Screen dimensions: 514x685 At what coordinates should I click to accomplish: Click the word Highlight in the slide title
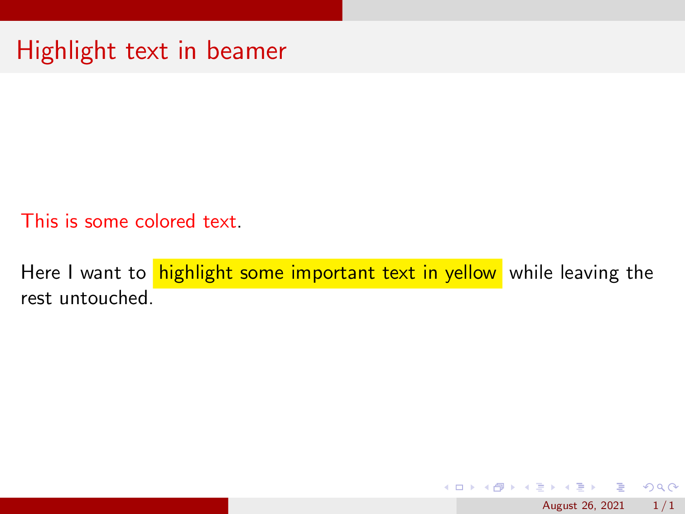coord(66,51)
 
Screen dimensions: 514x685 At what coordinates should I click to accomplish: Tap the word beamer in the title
coord(246,51)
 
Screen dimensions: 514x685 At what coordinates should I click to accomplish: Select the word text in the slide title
coord(147,51)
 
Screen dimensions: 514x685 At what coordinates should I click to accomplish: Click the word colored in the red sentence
coord(165,221)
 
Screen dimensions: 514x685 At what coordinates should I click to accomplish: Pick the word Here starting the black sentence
coord(41,272)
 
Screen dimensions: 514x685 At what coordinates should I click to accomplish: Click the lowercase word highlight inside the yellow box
coord(196,273)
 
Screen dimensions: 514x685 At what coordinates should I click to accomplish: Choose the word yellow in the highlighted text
coord(470,273)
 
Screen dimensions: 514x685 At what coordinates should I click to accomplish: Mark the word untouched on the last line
coord(104,298)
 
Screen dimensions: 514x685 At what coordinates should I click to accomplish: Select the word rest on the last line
coord(36,298)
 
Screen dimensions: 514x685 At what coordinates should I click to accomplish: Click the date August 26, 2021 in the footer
coord(583,506)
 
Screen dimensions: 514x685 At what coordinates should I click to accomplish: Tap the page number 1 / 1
coord(663,506)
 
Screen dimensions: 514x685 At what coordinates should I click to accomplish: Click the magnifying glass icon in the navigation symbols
coord(661,488)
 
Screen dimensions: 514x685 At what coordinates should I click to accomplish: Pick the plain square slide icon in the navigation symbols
coord(459,488)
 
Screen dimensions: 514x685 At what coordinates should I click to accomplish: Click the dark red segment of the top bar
coord(171,10)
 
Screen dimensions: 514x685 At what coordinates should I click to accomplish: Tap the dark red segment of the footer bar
coord(114,506)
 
